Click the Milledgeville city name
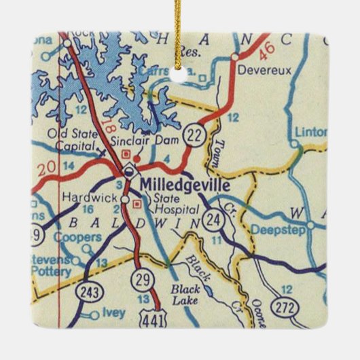[x=185, y=185]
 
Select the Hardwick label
[x=86, y=197]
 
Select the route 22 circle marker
[x=195, y=134]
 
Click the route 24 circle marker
[x=214, y=219]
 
